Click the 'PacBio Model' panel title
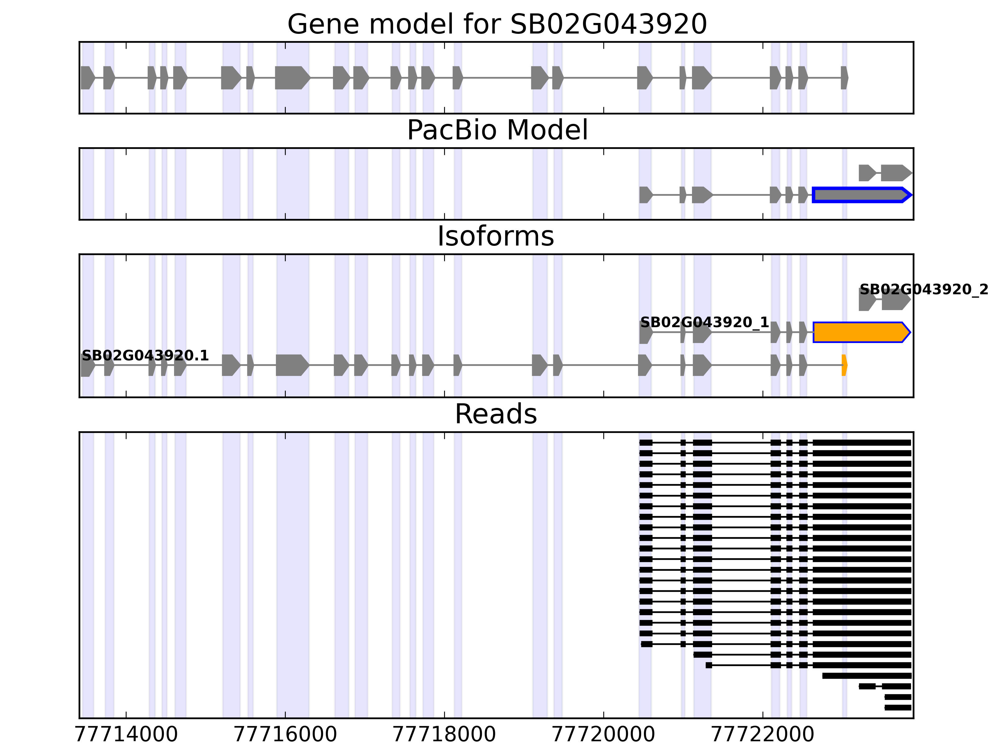[x=497, y=130]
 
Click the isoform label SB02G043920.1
[x=145, y=356]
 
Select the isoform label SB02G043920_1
[x=704, y=323]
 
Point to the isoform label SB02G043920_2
[x=923, y=290]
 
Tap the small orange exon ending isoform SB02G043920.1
[x=844, y=365]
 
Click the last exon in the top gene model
[x=844, y=78]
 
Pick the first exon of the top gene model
[x=88, y=78]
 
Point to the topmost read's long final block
[x=861, y=443]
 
